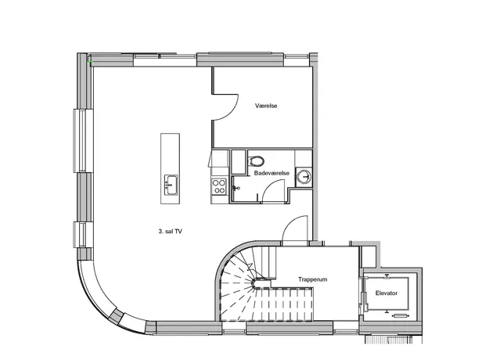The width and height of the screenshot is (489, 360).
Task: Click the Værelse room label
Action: (266, 106)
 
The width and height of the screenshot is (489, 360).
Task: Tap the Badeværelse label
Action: (271, 173)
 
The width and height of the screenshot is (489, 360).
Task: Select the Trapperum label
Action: (312, 279)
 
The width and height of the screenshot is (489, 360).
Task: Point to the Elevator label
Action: (387, 293)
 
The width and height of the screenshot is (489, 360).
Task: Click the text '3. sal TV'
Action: (171, 232)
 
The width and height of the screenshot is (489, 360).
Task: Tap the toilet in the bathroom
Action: (257, 161)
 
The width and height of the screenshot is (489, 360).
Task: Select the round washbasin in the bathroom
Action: (304, 177)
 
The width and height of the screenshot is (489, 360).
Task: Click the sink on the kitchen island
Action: (171, 185)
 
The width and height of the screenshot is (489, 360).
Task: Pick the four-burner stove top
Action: (219, 186)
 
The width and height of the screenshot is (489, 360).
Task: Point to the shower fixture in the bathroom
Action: (236, 188)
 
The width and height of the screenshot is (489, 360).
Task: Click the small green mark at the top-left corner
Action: (91, 62)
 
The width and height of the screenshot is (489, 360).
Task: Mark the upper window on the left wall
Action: (82, 140)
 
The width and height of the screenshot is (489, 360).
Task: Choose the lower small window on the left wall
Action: (81, 235)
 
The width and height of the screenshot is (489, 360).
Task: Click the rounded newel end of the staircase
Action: (257, 283)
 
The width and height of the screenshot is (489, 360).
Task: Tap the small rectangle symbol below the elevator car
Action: (401, 316)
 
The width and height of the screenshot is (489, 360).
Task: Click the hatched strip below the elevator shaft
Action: (394, 340)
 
